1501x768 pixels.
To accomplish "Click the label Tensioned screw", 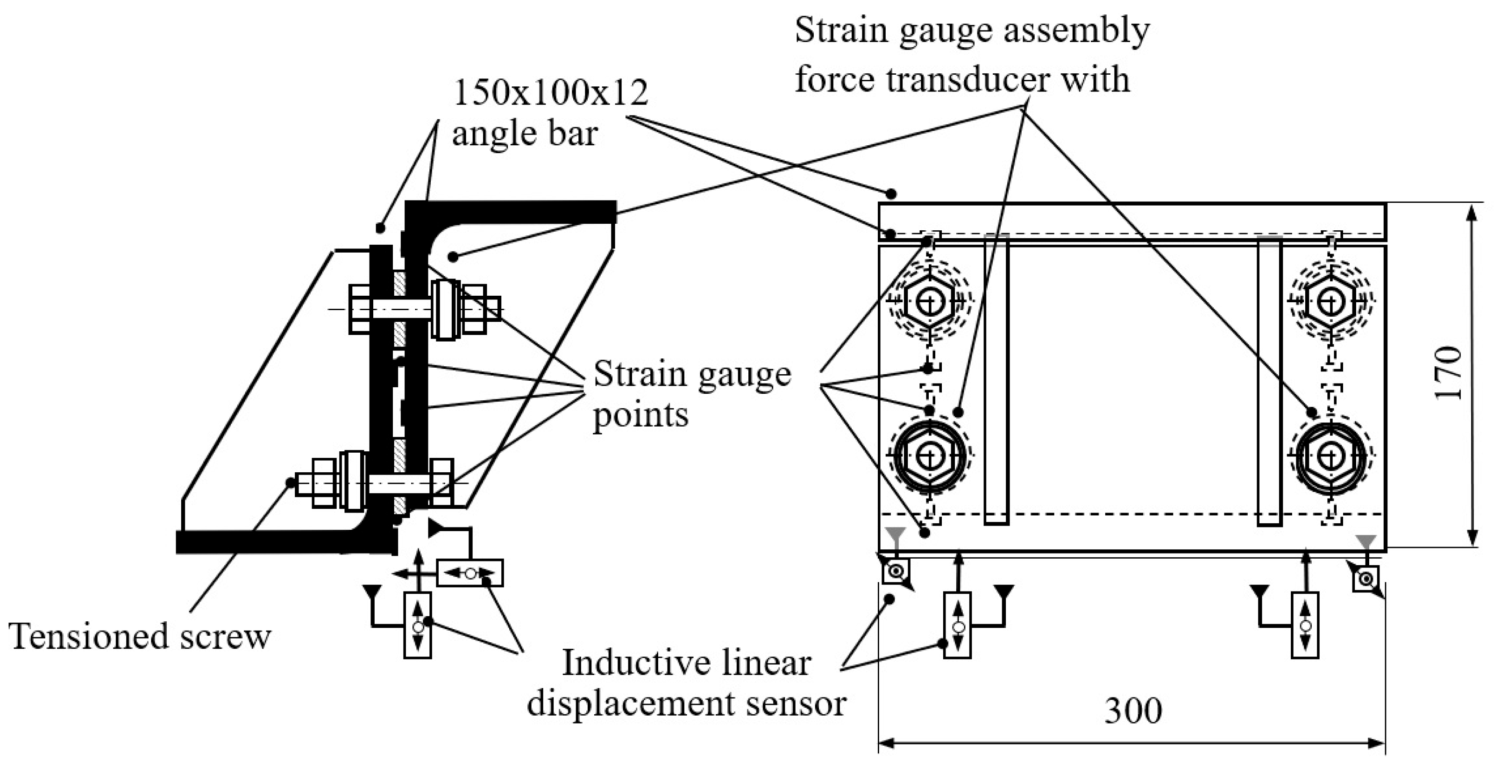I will point(140,636).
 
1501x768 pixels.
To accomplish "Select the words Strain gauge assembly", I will point(972,30).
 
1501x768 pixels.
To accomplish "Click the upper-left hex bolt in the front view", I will point(929,302).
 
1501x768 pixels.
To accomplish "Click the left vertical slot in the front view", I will point(996,379).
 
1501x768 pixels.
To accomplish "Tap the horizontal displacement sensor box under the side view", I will point(470,573).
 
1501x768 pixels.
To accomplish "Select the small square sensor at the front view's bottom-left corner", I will point(896,571).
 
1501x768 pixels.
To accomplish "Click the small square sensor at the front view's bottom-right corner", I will point(1365,579).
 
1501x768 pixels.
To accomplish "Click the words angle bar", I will point(525,134).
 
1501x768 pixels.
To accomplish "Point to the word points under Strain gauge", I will point(640,415).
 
